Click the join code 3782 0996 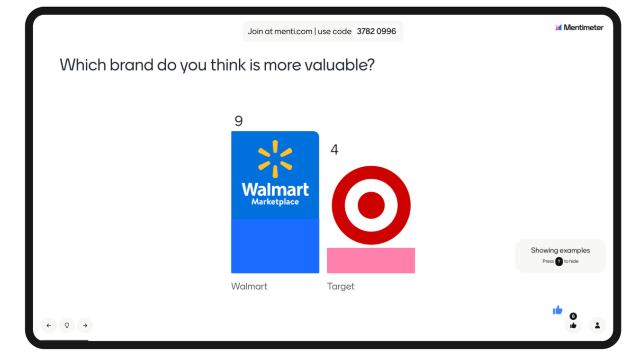click(x=376, y=31)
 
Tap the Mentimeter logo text click(x=584, y=28)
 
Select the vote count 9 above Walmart click(x=239, y=121)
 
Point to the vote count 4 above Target click(x=334, y=149)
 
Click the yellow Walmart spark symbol click(x=275, y=159)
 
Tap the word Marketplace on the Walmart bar click(x=275, y=202)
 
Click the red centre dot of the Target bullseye click(x=371, y=205)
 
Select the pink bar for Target click(x=371, y=261)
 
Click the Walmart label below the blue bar click(x=249, y=286)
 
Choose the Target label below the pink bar click(x=341, y=286)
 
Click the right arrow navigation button click(x=85, y=325)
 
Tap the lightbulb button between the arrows click(x=67, y=325)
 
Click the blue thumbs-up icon click(x=558, y=310)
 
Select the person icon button click(x=597, y=325)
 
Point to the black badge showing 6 click(x=573, y=316)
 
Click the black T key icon click(x=559, y=261)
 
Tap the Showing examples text click(x=560, y=250)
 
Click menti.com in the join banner click(x=293, y=31)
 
